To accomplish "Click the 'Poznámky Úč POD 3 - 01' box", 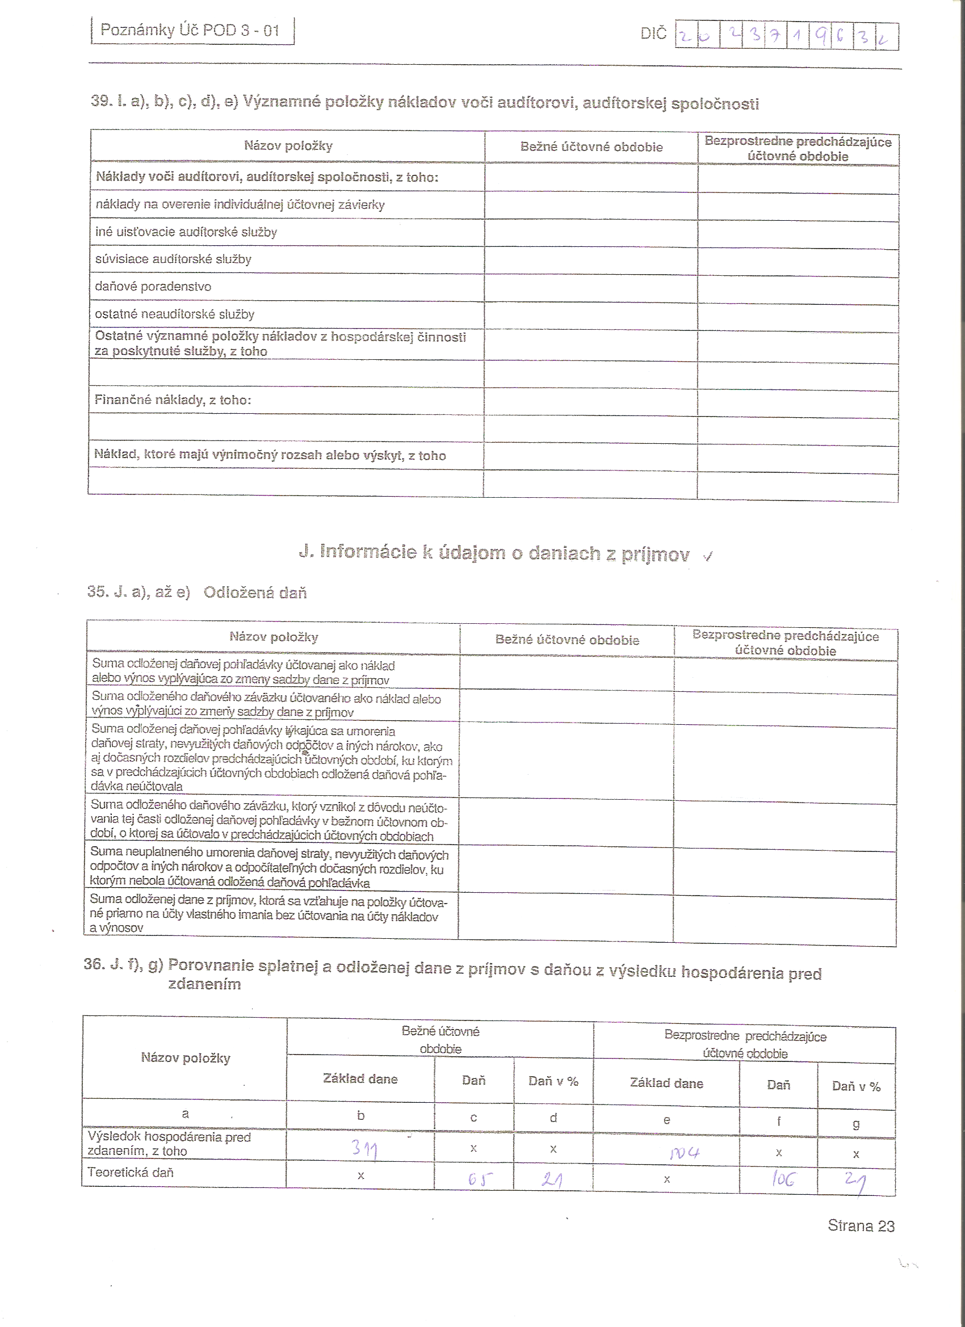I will click(192, 31).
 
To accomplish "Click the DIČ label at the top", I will click(653, 33).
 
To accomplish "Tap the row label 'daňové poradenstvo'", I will click(153, 287).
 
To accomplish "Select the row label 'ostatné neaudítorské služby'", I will click(174, 314).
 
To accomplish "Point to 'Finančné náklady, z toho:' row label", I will click(173, 400).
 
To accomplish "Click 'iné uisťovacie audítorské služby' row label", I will click(186, 232).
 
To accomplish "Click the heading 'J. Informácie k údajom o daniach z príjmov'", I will click(494, 553).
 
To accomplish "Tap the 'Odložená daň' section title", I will click(254, 593).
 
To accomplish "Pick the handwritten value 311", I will click(364, 1149).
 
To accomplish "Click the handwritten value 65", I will click(480, 1179).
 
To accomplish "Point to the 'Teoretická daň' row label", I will click(131, 1173).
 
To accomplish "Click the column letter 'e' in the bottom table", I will click(666, 1120).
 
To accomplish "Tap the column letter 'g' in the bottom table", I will click(855, 1123).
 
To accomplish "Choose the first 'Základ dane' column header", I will click(360, 1079).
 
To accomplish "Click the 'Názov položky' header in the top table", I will click(288, 146).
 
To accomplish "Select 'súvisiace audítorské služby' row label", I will click(173, 259).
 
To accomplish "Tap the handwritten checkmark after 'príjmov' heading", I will click(708, 556).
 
